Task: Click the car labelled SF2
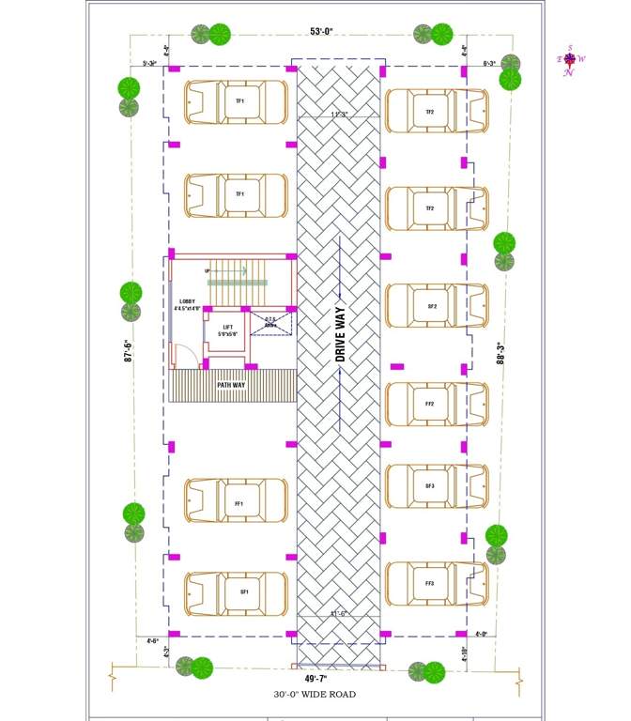[x=436, y=306]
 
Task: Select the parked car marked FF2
[x=436, y=404]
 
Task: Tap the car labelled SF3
[x=436, y=486]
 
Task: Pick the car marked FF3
[x=436, y=584]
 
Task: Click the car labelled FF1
[x=236, y=504]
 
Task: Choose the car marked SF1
[x=236, y=592]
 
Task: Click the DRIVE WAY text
[x=341, y=333]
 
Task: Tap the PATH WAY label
[x=232, y=385]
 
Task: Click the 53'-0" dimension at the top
[x=320, y=31]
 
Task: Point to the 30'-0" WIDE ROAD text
[x=316, y=695]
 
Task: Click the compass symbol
[x=569, y=59]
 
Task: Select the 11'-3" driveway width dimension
[x=339, y=115]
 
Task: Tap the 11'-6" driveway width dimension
[x=339, y=614]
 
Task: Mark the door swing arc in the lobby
[x=184, y=356]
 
